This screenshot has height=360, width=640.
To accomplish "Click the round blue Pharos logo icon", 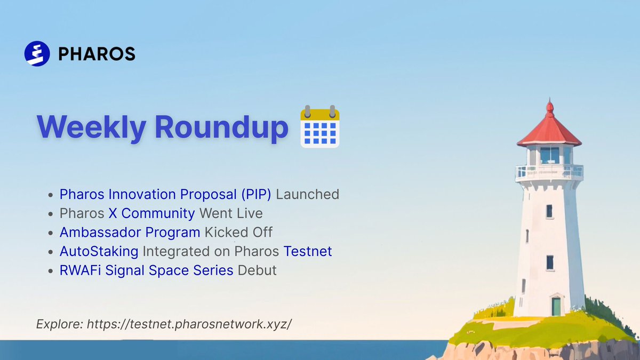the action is point(37,54).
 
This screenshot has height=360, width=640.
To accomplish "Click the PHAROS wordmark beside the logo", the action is point(97,54).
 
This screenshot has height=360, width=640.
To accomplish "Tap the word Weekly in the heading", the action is point(91,127).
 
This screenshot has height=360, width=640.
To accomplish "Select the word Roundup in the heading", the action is point(221,127).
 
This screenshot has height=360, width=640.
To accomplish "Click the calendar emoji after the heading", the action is point(320,126).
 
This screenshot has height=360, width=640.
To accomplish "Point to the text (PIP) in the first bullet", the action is point(256,194).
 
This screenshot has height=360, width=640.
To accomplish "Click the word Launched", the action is point(307,194).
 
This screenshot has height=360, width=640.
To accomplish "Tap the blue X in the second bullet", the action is point(113,213).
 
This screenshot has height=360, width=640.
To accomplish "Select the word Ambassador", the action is point(100,232).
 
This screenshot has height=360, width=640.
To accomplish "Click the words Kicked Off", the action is point(238,232).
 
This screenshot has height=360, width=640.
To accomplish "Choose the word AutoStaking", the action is point(99,251).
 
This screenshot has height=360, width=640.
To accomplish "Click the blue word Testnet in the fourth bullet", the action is point(308,251).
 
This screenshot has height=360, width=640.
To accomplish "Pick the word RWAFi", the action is point(81,270).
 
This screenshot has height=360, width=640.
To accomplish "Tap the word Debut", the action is point(257,270).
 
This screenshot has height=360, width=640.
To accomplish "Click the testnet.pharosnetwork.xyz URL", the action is point(189,324).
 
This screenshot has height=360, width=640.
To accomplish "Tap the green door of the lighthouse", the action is point(556,307).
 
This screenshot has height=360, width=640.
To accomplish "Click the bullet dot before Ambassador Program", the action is point(51,233).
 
